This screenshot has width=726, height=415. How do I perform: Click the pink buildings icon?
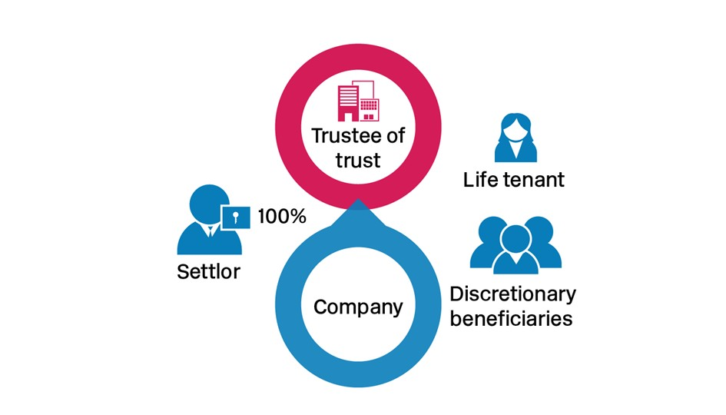359,101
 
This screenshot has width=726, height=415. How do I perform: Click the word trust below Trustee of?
358,161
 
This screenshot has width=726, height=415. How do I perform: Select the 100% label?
282,217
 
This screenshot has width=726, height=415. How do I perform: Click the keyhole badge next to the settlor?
237,217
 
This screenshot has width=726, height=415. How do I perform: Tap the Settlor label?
208,271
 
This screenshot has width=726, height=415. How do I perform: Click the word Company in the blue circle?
358,307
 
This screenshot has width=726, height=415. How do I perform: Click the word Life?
479,180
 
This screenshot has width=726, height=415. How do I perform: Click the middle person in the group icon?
515,250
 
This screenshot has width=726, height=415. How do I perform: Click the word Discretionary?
512,294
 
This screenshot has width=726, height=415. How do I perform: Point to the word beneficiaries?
511,317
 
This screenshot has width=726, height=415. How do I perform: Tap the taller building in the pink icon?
349,102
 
